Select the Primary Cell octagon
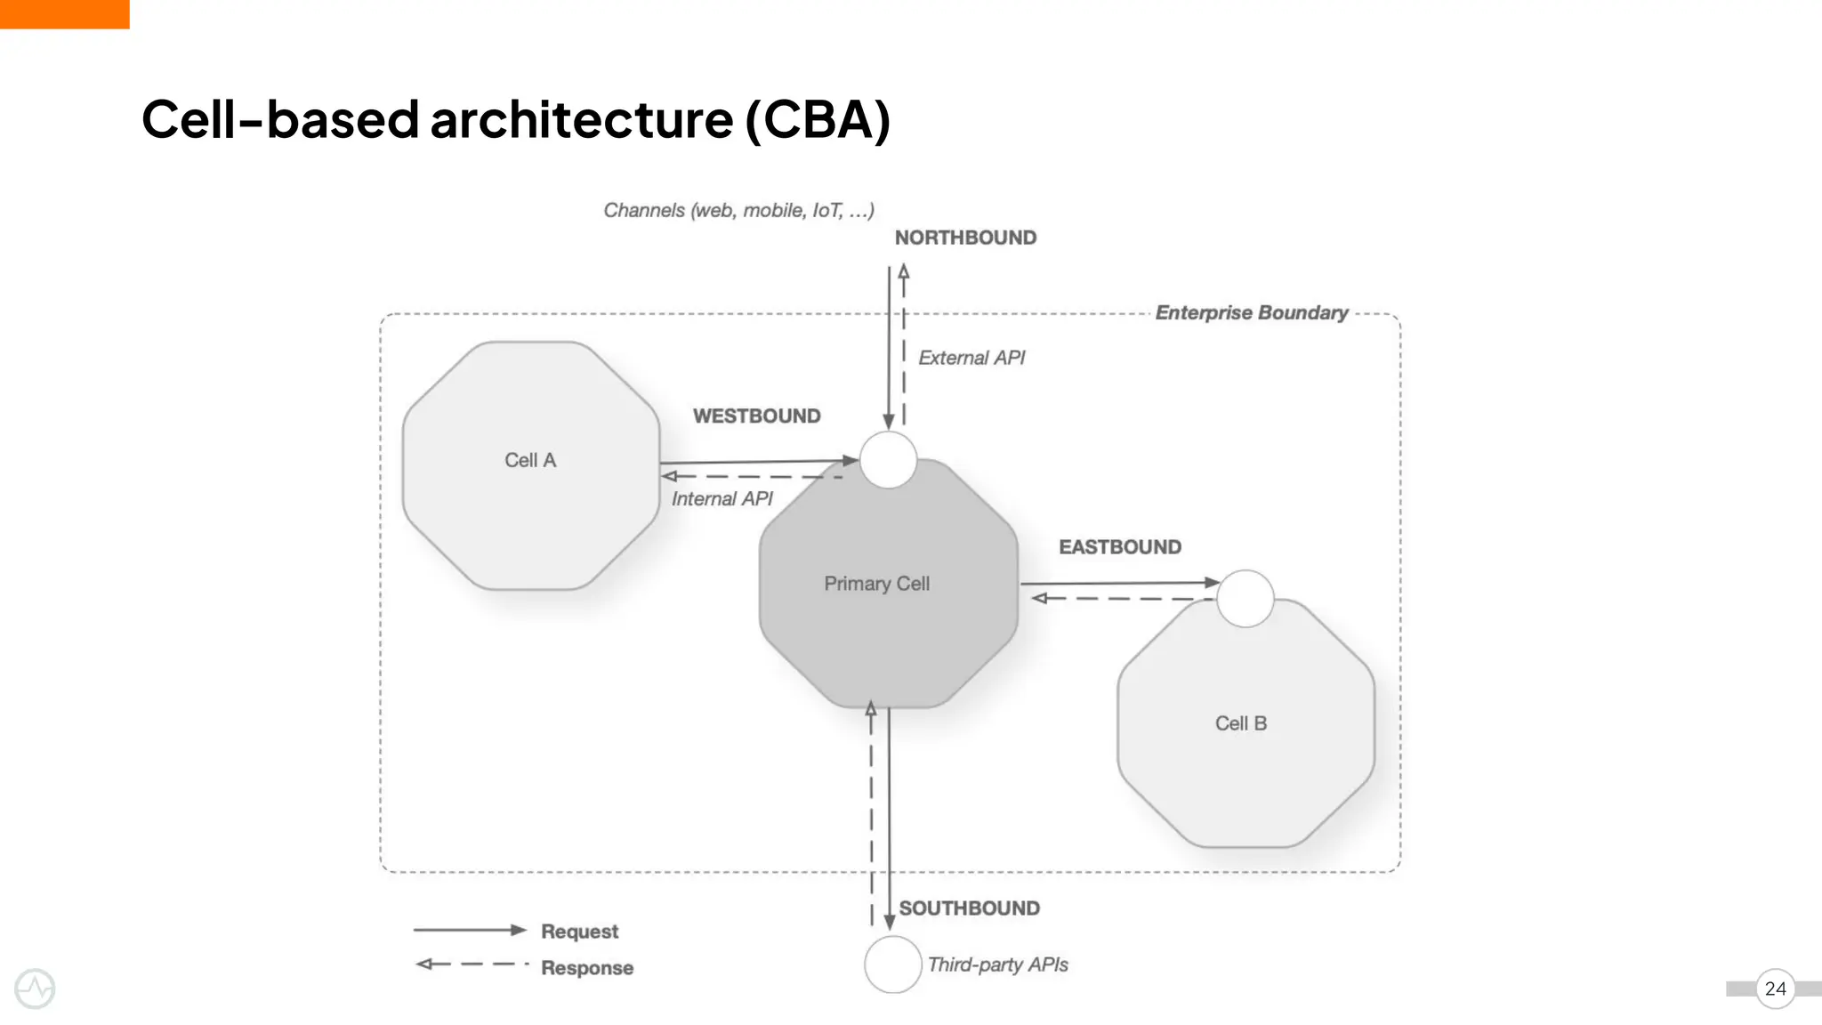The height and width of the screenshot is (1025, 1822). [x=888, y=605]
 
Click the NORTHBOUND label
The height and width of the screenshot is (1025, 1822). [x=965, y=238]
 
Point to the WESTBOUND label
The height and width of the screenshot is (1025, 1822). [x=756, y=416]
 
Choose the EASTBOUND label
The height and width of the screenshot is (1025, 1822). [x=1119, y=546]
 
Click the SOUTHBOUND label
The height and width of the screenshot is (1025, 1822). [x=969, y=908]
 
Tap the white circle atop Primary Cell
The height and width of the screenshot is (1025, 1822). [x=888, y=460]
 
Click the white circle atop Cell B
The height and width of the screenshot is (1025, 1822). [x=1245, y=599]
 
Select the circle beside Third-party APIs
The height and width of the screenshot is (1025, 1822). [x=892, y=964]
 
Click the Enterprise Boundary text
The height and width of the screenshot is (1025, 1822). [x=1251, y=312]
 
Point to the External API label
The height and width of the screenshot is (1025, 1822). [x=971, y=358]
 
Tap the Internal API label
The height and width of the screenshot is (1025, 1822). [x=722, y=498]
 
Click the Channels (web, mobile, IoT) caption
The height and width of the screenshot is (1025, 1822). [x=738, y=210]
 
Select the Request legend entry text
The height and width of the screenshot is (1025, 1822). [x=579, y=931]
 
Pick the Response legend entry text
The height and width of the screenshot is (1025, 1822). [x=586, y=967]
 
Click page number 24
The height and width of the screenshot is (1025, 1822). [x=1775, y=989]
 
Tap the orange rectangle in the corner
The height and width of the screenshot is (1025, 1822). [x=64, y=13]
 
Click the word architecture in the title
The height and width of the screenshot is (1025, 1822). [x=582, y=119]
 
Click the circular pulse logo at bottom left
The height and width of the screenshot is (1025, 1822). [x=35, y=989]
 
